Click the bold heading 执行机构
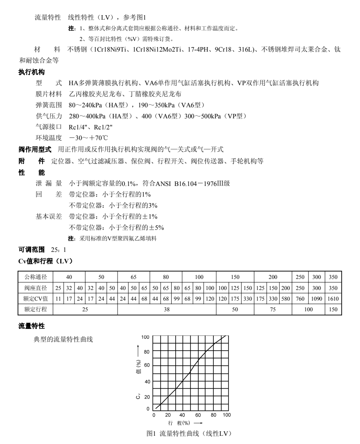coord(32,72)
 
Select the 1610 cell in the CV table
coord(333,299)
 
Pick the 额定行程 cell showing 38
coord(167,309)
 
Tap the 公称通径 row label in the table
coord(36,277)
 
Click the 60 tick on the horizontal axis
coord(198,415)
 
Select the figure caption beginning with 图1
coord(190,433)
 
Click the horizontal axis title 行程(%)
coord(180,422)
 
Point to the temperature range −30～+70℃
coord(88,138)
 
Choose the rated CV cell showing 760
coord(300,299)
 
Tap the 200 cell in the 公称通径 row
coord(273,277)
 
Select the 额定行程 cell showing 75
coord(273,309)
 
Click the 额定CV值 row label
coord(36,299)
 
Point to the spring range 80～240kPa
coord(85,105)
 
